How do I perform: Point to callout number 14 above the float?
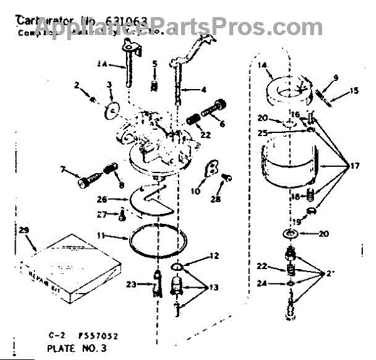pos(262,65)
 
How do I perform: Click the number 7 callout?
pos(63,170)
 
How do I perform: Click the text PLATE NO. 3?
pos(73,346)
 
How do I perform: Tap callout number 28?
pos(216,199)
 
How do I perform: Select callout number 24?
pos(262,283)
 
